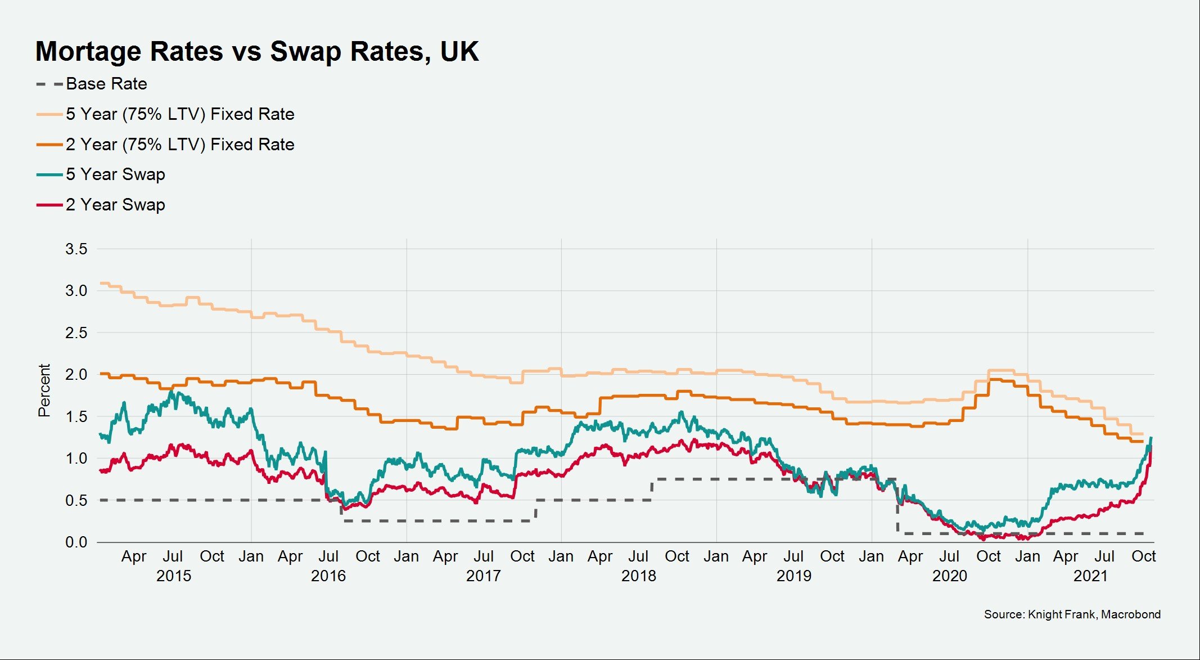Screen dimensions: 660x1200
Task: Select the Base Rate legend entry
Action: click(106, 84)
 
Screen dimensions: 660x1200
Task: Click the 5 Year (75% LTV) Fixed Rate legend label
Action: click(179, 114)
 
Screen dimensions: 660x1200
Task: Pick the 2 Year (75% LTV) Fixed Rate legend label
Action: click(179, 145)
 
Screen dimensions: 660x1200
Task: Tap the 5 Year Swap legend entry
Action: click(115, 174)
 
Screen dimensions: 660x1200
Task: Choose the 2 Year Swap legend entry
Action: click(115, 205)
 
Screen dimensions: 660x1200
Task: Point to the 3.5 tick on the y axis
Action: click(76, 249)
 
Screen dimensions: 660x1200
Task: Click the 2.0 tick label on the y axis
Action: click(76, 375)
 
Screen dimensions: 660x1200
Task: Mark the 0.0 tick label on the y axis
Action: click(76, 542)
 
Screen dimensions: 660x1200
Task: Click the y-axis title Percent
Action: click(44, 390)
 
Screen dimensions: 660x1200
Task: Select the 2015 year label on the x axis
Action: click(173, 576)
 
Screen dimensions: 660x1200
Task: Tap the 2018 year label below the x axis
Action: click(638, 576)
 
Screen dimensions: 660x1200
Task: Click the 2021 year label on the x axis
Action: click(1090, 576)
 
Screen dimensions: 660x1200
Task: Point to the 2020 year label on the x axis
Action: click(949, 576)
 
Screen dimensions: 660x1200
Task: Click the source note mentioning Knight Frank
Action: click(1072, 614)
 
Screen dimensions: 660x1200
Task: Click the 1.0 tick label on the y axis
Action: click(76, 459)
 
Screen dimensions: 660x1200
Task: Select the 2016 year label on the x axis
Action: click(328, 576)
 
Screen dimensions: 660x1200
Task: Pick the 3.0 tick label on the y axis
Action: click(76, 291)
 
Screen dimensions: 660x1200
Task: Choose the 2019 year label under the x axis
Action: click(793, 576)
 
